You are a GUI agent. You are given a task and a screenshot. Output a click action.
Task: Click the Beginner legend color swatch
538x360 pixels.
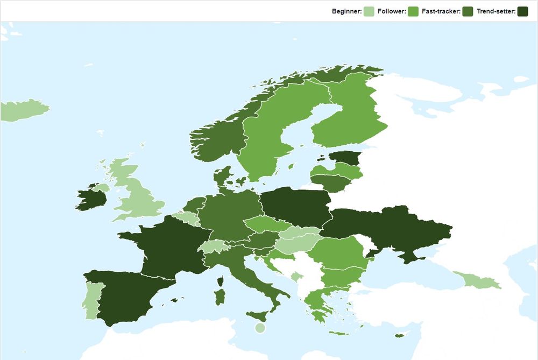coord(369,11)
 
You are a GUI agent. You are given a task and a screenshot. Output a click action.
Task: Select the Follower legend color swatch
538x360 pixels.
coord(413,11)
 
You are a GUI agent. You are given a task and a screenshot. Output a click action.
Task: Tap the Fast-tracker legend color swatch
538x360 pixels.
coord(468,11)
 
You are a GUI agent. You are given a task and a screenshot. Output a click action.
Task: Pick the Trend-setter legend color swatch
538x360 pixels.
coord(522,11)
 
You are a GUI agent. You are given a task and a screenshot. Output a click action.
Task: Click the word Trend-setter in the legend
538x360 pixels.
coord(496,11)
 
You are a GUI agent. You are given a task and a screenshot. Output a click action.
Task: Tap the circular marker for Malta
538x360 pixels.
coord(260,328)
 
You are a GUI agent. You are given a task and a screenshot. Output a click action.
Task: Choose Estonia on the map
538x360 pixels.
coord(345,158)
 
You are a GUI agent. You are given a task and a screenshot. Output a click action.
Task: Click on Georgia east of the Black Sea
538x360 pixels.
coord(480,280)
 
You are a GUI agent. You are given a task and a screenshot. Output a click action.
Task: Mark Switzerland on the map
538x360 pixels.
coord(214,246)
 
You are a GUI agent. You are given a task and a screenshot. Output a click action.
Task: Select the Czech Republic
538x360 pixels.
coord(263,224)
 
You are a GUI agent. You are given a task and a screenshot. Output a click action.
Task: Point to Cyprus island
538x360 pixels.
coord(399,336)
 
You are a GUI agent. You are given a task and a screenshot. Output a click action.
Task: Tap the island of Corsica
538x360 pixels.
coord(221,281)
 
